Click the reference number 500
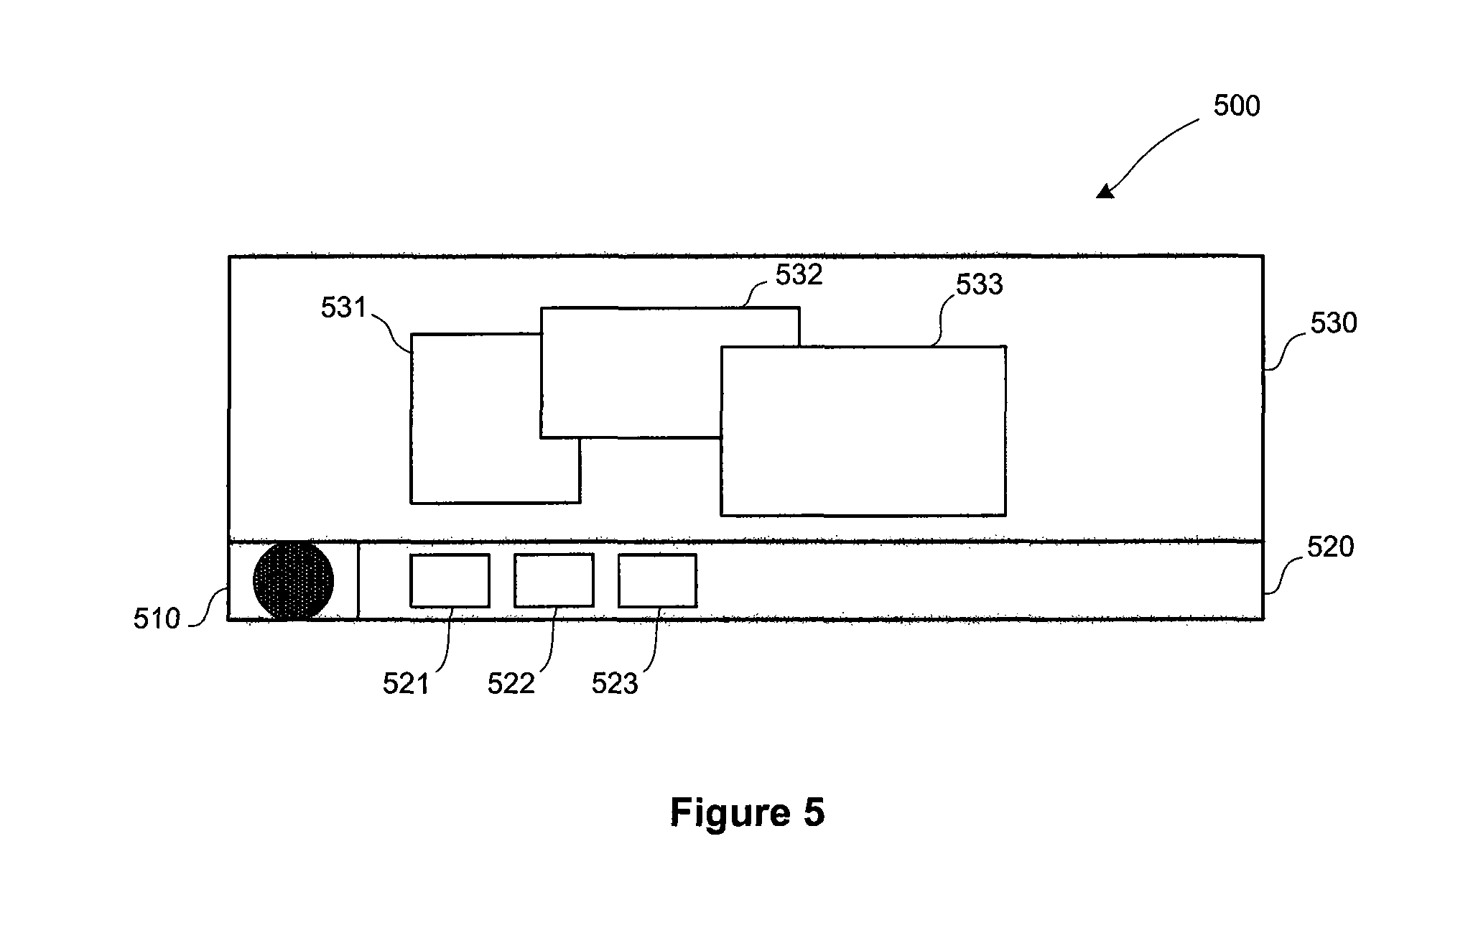1237,106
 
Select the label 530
1334,323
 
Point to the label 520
1330,547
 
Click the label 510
157,619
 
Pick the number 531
344,308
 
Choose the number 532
799,275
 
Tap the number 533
979,285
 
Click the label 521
406,684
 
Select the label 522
511,684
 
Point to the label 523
615,684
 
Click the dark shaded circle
293,580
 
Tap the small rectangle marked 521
450,580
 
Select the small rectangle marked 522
554,580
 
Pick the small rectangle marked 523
657,580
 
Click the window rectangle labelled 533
863,431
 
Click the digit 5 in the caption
813,812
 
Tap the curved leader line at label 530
1286,352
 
